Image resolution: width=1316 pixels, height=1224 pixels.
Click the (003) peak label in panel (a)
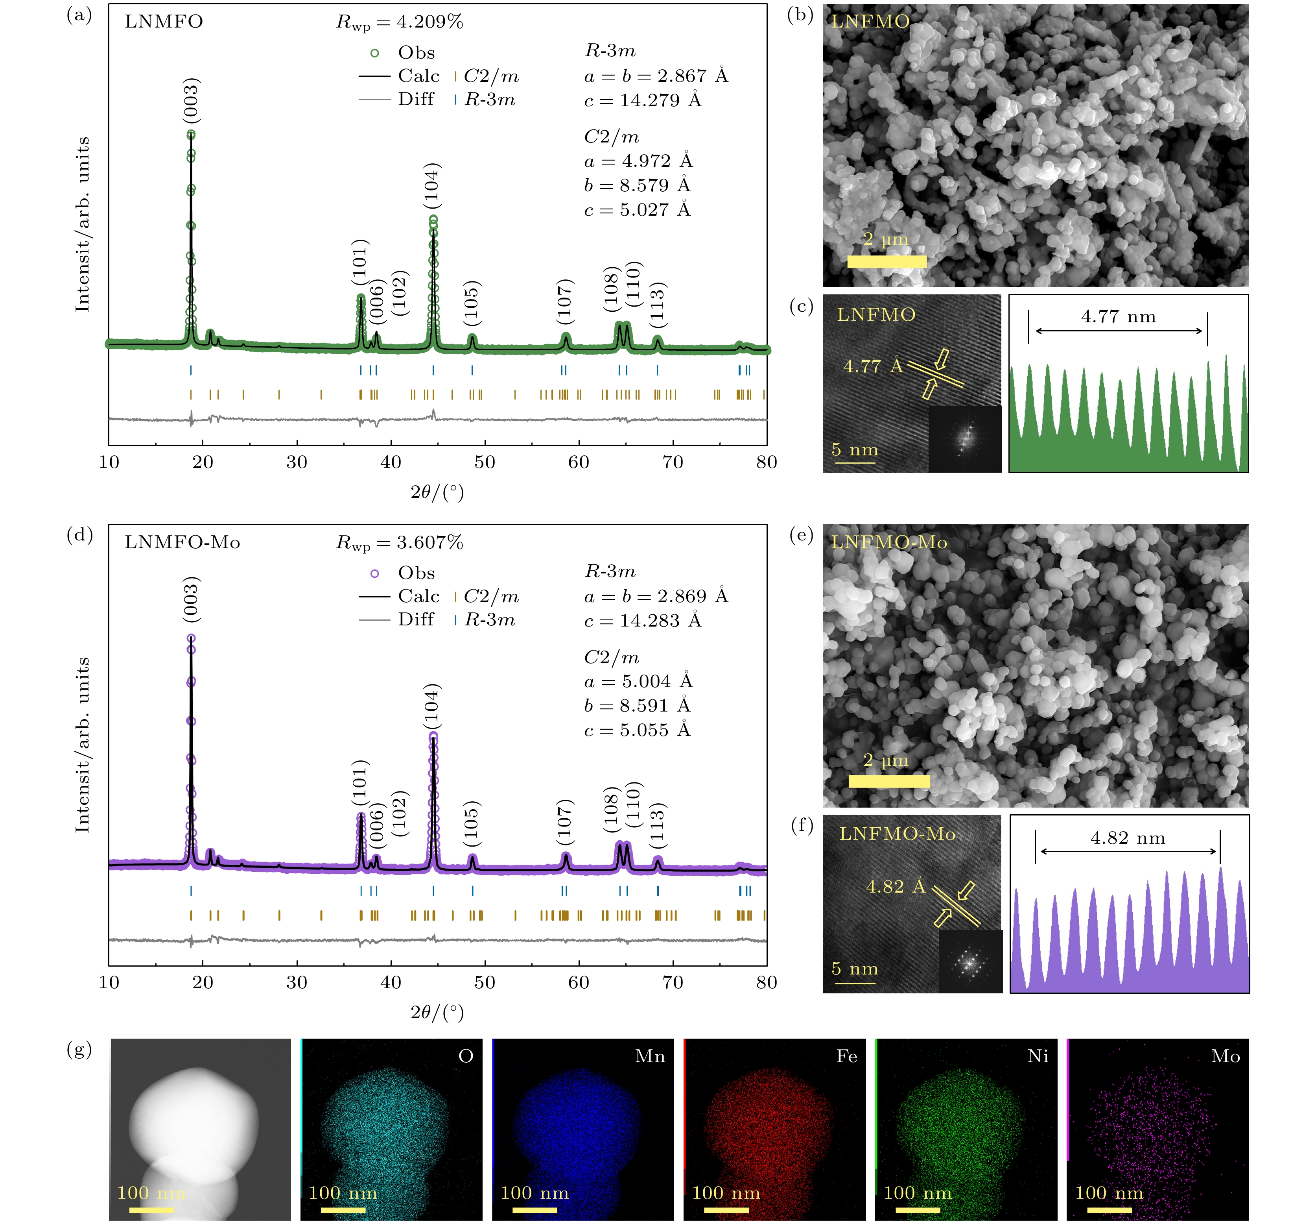click(191, 101)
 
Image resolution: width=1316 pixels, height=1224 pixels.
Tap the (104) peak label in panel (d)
click(431, 707)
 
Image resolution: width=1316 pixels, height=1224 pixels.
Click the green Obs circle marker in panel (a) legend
click(375, 53)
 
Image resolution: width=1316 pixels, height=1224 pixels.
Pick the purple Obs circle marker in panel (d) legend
click(375, 573)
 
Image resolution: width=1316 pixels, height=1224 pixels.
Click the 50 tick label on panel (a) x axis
click(485, 462)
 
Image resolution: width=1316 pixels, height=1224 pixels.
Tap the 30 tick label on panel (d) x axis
click(297, 982)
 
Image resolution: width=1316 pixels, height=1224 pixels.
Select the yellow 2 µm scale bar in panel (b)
click(887, 262)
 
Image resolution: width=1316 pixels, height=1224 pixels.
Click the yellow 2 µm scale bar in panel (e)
click(889, 782)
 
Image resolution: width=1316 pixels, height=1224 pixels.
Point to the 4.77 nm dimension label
click(1118, 316)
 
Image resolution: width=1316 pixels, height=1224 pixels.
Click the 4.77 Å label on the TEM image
click(872, 366)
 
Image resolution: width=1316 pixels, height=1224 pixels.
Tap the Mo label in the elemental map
click(1225, 1056)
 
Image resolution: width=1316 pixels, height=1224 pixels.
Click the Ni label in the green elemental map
click(1037, 1056)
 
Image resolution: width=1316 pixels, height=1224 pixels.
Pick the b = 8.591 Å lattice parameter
click(637, 706)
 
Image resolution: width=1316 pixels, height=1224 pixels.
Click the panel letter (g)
click(79, 1050)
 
